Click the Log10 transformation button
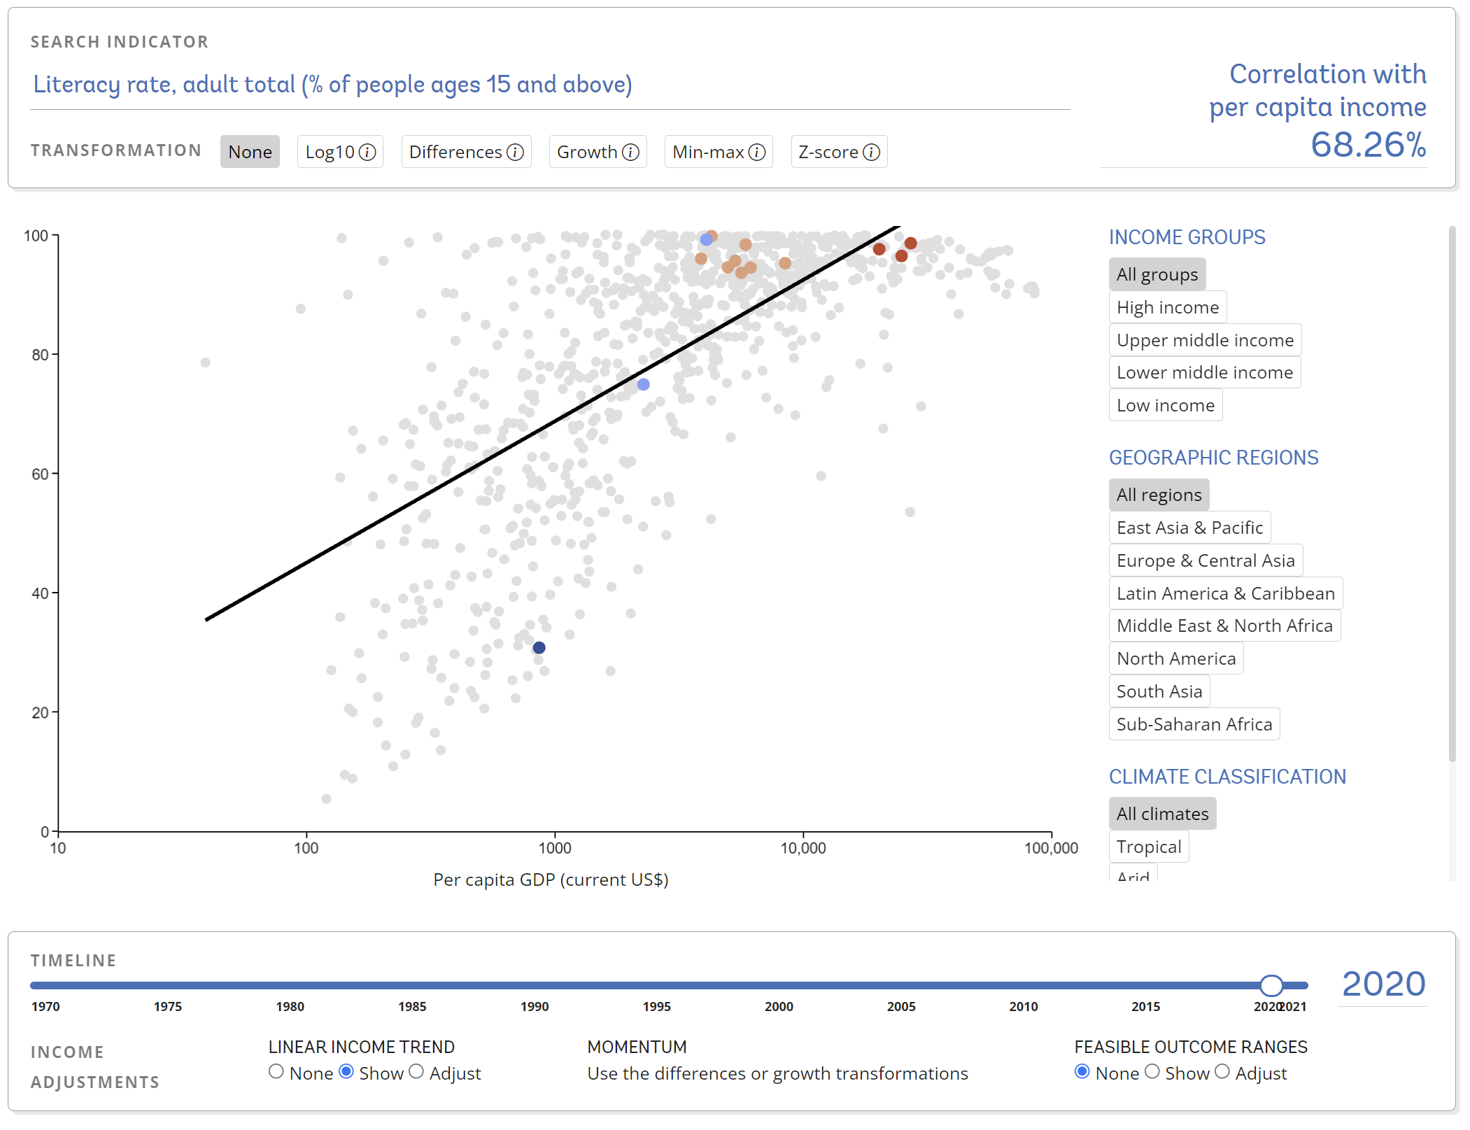click(340, 152)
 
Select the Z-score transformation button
click(838, 152)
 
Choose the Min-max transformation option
click(718, 152)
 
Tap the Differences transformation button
click(466, 152)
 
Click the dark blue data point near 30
click(539, 648)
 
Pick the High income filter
click(1167, 307)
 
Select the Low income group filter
click(1165, 405)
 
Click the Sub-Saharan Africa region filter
click(1194, 724)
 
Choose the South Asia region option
click(1159, 691)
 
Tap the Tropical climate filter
click(1148, 847)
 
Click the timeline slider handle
click(1271, 985)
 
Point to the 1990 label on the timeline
click(535, 1006)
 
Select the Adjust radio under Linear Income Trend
click(416, 1072)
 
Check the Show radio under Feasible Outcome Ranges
click(1152, 1072)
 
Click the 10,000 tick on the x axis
click(803, 848)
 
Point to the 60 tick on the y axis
click(40, 474)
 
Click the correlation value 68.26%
click(1368, 145)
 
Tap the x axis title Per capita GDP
click(551, 880)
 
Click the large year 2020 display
click(1383, 984)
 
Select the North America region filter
click(1175, 658)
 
